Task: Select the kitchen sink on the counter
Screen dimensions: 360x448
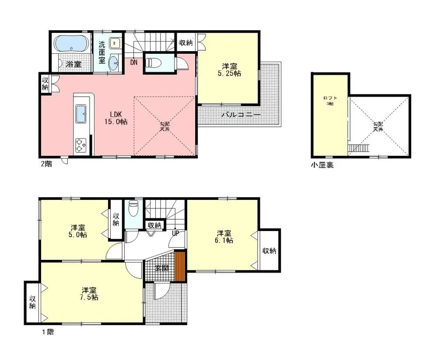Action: coord(82,115)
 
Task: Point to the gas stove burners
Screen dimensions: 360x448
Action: coord(81,145)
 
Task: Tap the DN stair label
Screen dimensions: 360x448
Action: coord(133,63)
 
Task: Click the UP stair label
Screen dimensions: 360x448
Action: coord(175,234)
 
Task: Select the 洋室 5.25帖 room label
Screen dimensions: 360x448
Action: coord(230,70)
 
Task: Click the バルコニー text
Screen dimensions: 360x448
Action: coord(240,115)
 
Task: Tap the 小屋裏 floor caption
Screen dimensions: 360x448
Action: coord(322,166)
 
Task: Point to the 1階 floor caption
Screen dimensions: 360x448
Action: coord(48,332)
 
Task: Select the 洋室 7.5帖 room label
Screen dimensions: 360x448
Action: coord(89,294)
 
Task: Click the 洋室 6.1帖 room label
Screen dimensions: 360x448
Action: coord(224,236)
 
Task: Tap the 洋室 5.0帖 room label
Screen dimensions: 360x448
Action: coord(78,231)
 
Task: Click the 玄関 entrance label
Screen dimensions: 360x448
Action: coord(161,268)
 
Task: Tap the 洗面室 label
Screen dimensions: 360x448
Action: coord(101,52)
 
